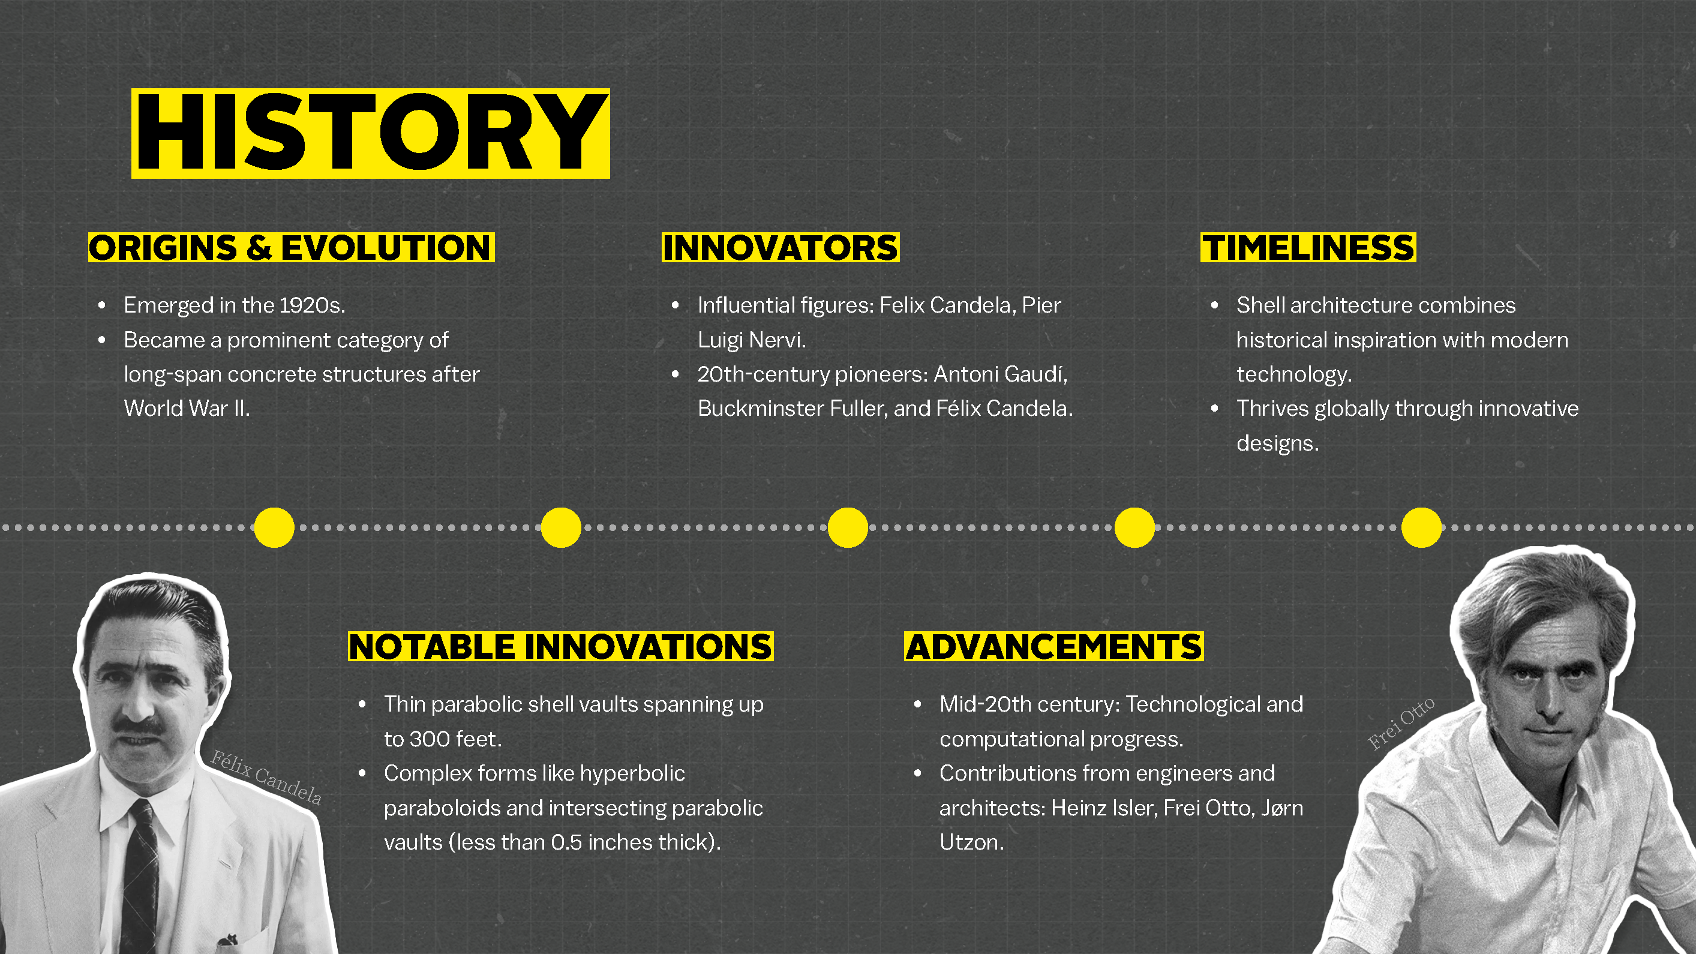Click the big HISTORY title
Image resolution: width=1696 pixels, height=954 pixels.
click(371, 133)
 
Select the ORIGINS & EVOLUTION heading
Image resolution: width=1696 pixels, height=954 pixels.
click(291, 248)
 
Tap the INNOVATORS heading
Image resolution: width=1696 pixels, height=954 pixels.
click(780, 248)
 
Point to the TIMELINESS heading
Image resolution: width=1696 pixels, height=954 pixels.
click(1308, 248)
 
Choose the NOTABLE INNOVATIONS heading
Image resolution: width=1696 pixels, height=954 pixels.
click(560, 647)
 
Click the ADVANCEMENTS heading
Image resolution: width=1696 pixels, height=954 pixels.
click(1053, 647)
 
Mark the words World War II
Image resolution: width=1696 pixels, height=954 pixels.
click(187, 409)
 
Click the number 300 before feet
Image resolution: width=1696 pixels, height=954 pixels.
click(430, 739)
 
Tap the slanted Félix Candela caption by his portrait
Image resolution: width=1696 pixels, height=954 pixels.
click(266, 778)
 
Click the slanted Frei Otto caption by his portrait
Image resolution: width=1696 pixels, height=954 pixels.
click(1401, 724)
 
